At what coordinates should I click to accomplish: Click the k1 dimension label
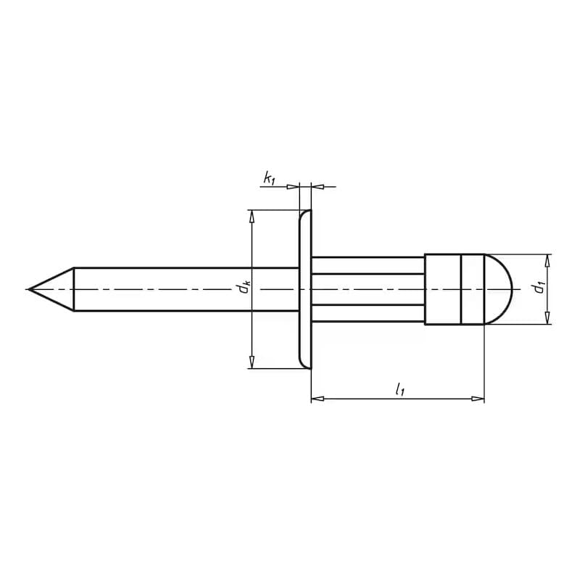pyautogui.click(x=269, y=179)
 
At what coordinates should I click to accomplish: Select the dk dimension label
pyautogui.click(x=244, y=286)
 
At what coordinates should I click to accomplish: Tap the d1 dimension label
pyautogui.click(x=539, y=287)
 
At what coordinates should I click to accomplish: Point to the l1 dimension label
pyautogui.click(x=399, y=389)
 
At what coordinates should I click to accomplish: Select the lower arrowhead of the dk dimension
pyautogui.click(x=252, y=362)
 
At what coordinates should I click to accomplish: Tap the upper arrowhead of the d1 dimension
pyautogui.click(x=547, y=260)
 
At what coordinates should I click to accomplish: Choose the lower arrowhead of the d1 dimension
pyautogui.click(x=547, y=318)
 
